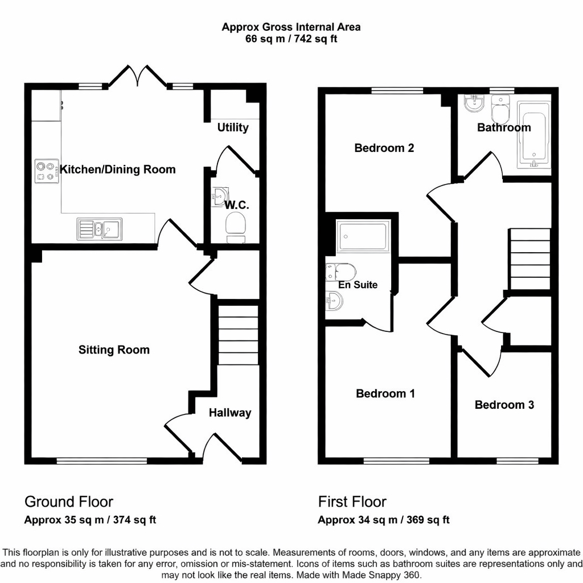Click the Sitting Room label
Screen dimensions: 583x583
(x=114, y=350)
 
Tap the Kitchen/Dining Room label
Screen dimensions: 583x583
(x=118, y=169)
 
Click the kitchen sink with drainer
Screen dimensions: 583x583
(x=98, y=229)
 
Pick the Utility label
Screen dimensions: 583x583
(x=233, y=127)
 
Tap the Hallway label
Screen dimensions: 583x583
(x=230, y=413)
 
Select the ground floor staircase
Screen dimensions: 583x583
(x=239, y=335)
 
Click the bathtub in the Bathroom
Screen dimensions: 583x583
(x=534, y=136)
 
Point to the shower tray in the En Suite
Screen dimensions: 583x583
(x=363, y=237)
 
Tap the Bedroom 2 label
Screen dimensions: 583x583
(x=384, y=148)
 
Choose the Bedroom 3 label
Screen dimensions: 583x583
(x=504, y=405)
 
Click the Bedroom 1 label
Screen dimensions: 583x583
(x=385, y=393)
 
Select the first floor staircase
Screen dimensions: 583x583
(x=530, y=260)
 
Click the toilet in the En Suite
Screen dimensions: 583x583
(x=341, y=271)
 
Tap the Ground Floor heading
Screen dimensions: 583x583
(x=68, y=502)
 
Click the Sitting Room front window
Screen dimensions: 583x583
(x=102, y=460)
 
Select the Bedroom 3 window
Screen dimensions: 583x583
(x=517, y=460)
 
